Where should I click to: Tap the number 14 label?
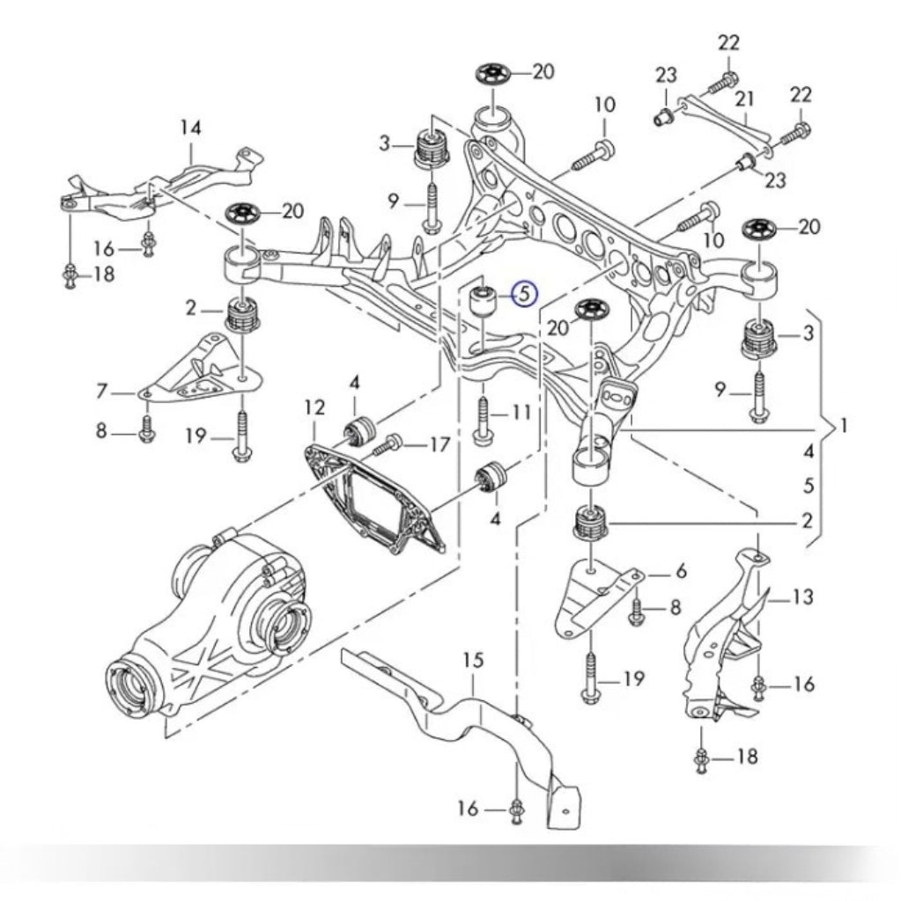(x=190, y=128)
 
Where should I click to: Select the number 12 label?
(x=314, y=407)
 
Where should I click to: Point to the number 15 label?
(x=473, y=660)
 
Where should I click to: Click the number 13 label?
(x=802, y=598)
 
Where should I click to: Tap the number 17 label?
(x=439, y=445)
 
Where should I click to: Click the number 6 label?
(x=680, y=571)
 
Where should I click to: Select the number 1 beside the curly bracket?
(x=844, y=427)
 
